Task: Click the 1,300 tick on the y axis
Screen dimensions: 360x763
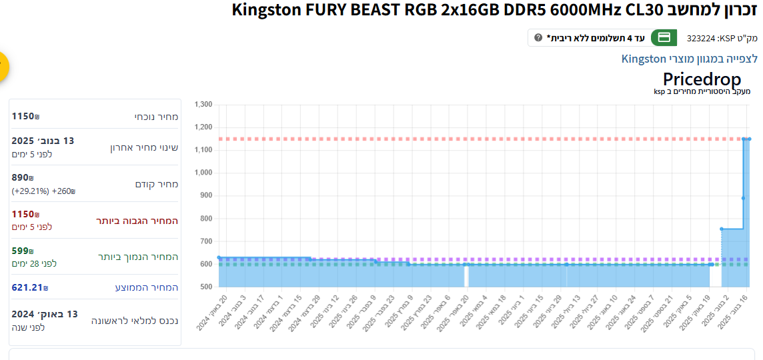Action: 203,105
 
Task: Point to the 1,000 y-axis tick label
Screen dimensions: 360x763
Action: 203,173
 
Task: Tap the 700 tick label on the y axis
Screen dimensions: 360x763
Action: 205,241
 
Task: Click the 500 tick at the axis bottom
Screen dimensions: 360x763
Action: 205,287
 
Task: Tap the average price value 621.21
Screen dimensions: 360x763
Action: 27,287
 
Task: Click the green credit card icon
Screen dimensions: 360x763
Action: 664,37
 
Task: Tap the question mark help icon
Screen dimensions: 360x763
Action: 538,37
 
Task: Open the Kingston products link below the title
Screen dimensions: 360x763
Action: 690,59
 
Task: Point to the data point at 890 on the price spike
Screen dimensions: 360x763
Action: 743,198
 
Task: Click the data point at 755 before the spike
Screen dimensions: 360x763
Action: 722,229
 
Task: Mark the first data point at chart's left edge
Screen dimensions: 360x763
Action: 219,257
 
